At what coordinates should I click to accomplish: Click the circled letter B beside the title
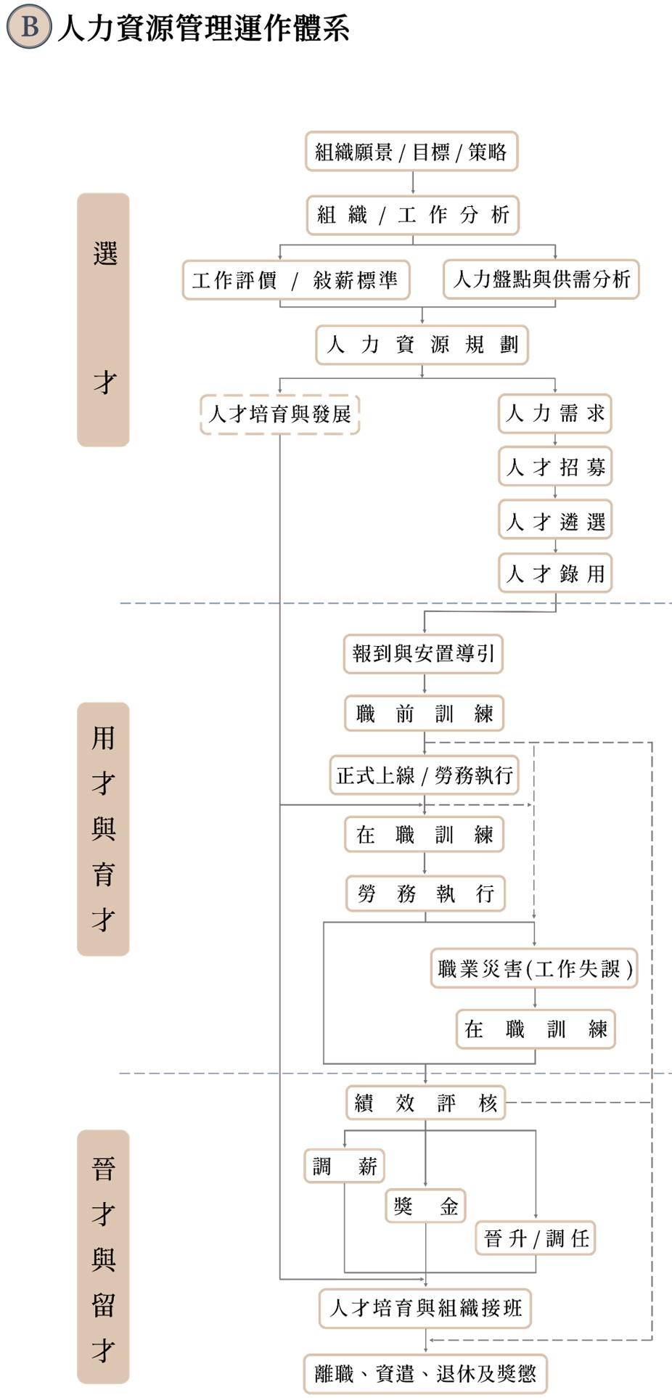[x=29, y=27]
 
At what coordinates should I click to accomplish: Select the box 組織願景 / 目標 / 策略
[x=411, y=152]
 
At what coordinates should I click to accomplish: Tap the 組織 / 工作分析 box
[x=412, y=215]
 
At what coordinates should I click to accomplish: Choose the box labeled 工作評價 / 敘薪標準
[x=295, y=280]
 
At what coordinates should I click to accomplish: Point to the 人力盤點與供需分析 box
[x=541, y=279]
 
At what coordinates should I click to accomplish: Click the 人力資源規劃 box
[x=422, y=344]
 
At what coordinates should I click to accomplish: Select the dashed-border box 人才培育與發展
[x=279, y=414]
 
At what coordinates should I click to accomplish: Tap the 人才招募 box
[x=555, y=467]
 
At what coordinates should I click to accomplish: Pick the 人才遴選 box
[x=555, y=520]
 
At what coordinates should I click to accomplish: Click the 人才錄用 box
[x=555, y=573]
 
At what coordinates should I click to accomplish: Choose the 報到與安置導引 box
[x=423, y=654]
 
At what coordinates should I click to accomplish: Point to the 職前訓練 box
[x=424, y=714]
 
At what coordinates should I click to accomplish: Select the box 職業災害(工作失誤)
[x=534, y=968]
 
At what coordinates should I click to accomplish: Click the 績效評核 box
[x=425, y=1103]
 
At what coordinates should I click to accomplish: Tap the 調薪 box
[x=344, y=1166]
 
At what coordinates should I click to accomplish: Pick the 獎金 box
[x=425, y=1206]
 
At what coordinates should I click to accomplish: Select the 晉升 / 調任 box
[x=536, y=1238]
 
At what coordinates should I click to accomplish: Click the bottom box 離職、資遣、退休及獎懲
[x=425, y=1373]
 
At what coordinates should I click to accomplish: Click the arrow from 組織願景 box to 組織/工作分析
[x=413, y=183]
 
